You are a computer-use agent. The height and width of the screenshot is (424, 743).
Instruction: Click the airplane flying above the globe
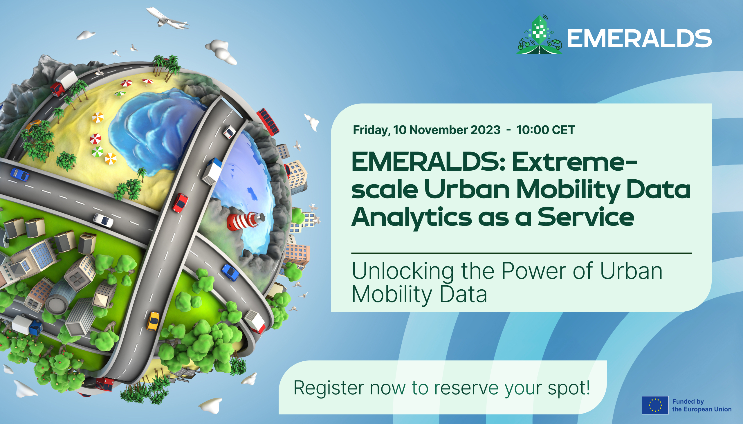(167, 18)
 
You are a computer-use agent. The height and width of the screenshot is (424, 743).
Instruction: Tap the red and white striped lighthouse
(246, 221)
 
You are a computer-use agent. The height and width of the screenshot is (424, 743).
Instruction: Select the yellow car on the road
(153, 321)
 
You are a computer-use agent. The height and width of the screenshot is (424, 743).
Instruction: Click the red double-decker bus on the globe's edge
(268, 121)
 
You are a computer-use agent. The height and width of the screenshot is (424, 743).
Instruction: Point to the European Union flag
(655, 405)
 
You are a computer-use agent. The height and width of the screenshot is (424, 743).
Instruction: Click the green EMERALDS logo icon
(540, 35)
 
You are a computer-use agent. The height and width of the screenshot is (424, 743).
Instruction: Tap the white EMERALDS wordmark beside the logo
(639, 38)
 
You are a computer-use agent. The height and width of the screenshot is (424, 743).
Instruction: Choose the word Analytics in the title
(411, 217)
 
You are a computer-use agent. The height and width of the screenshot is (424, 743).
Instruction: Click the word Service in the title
(586, 217)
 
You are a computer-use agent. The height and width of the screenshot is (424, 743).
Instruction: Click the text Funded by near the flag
(688, 402)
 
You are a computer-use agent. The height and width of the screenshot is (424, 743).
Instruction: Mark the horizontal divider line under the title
(522, 253)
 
